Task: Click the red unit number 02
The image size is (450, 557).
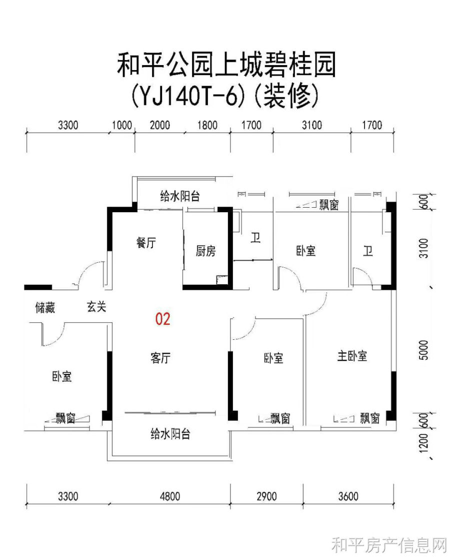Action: [x=162, y=319]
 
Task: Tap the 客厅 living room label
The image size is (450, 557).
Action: [x=160, y=358]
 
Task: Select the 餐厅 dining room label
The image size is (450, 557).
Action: [x=146, y=243]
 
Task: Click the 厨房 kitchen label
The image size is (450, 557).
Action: [x=206, y=251]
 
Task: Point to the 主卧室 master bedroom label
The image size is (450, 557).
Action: [x=352, y=356]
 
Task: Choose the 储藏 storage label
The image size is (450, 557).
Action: [x=45, y=308]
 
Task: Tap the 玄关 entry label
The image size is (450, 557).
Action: [x=96, y=307]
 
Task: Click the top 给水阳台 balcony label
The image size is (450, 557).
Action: [x=180, y=196]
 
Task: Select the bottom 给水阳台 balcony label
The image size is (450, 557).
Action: [x=170, y=434]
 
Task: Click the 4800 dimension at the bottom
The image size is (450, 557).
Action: [x=170, y=496]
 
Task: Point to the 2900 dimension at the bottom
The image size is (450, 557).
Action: [x=266, y=496]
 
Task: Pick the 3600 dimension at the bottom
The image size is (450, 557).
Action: [x=348, y=496]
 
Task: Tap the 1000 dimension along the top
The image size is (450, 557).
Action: [x=122, y=125]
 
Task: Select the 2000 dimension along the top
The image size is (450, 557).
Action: [x=159, y=125]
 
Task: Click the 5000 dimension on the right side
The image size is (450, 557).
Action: [x=424, y=350]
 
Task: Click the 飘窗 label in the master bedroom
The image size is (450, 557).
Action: [x=370, y=418]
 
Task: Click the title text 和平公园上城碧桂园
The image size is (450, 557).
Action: [x=226, y=65]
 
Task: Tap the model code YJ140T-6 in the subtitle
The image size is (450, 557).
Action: [x=188, y=96]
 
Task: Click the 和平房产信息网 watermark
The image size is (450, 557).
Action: [x=388, y=544]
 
